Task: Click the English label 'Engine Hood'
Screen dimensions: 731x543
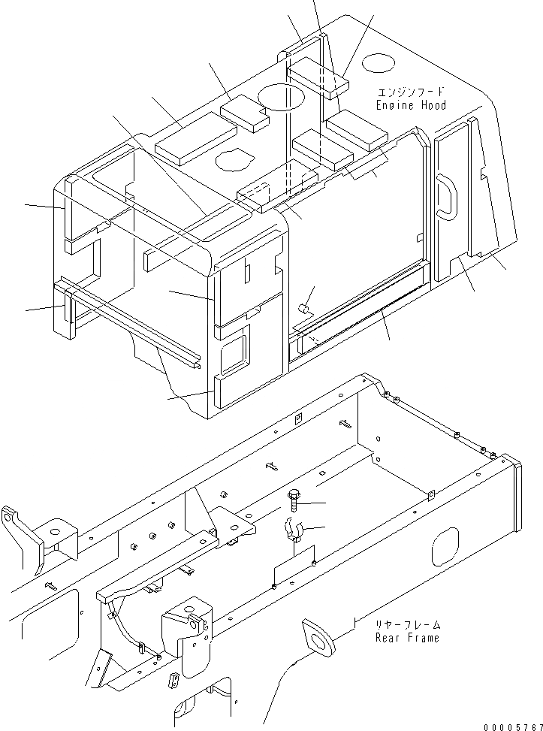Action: pyautogui.click(x=411, y=105)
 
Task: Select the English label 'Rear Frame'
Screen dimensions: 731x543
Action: pyautogui.click(x=408, y=637)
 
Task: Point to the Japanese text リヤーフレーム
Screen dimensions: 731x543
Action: pyautogui.click(x=409, y=624)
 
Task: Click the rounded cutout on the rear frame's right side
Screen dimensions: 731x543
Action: pyautogui.click(x=445, y=546)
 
